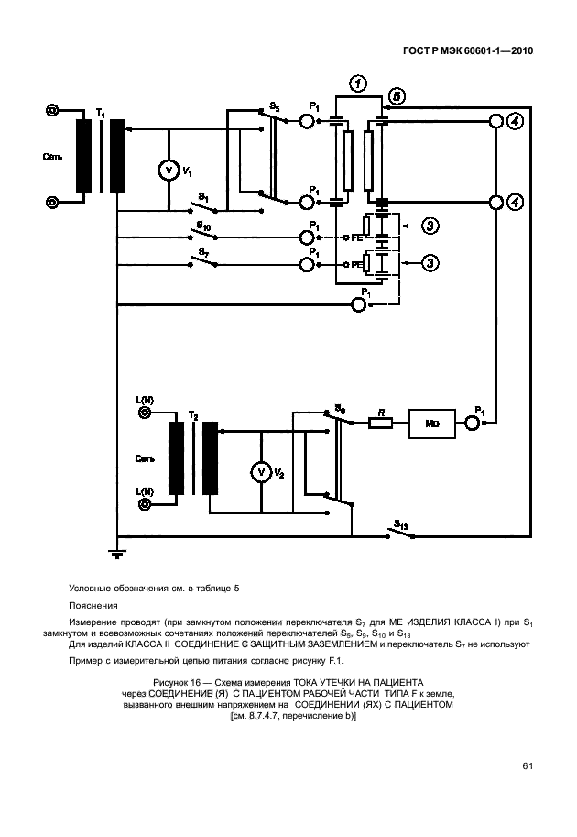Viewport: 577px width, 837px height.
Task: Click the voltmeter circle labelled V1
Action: [x=168, y=171]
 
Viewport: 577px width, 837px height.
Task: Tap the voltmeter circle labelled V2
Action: [x=260, y=471]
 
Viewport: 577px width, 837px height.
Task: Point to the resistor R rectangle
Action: [x=380, y=423]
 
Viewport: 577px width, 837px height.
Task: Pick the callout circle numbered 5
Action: [x=396, y=95]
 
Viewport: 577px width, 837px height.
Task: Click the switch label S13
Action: [x=400, y=525]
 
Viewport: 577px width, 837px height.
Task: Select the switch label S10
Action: [x=202, y=224]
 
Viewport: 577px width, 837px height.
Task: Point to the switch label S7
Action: [x=202, y=251]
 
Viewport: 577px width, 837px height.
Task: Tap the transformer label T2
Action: [x=193, y=414]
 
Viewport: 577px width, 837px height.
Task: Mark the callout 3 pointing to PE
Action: [x=430, y=263]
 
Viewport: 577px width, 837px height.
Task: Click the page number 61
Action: [x=528, y=766]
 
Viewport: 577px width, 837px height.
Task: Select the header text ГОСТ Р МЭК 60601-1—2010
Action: [x=468, y=51]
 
